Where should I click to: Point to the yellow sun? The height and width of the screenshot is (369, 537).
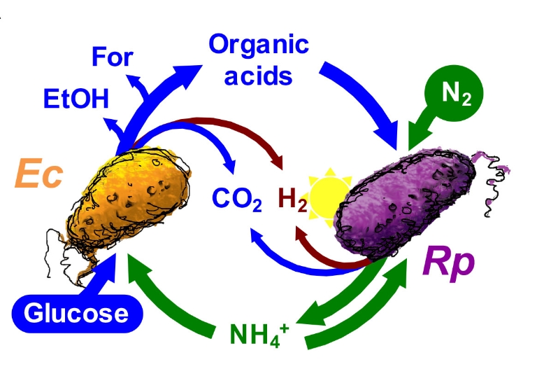pos(330,195)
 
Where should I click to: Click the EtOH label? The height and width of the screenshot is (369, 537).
pos(76,97)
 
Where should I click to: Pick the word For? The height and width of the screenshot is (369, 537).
pos(111,56)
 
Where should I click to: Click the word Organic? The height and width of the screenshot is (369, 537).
pos(259,45)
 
